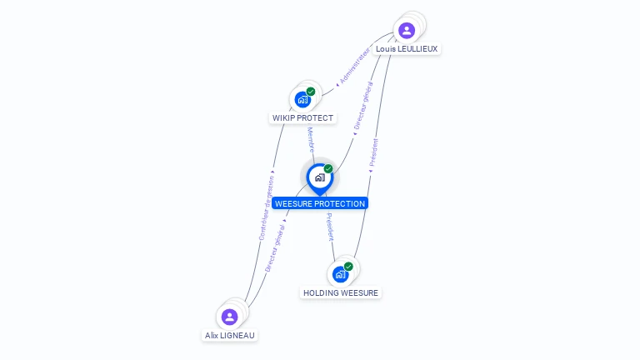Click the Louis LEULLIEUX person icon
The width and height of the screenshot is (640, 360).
(407, 31)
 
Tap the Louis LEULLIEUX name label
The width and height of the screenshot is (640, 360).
(407, 49)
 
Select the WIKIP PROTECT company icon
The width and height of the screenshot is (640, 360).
(302, 99)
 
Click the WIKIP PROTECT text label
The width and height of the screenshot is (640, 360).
(302, 118)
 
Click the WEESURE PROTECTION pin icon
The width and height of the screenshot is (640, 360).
(319, 177)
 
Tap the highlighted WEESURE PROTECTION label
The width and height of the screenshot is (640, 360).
(320, 203)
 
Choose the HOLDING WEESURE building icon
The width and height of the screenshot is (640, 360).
(340, 274)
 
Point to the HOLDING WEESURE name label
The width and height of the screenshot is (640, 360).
(341, 293)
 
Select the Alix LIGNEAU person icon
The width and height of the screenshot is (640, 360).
(230, 317)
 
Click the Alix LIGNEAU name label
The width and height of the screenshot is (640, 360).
(231, 335)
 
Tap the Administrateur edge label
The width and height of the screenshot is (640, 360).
(353, 67)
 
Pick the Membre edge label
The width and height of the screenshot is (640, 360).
(311, 138)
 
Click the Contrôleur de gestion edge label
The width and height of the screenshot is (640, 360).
(267, 208)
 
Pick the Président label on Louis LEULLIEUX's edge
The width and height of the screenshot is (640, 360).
(374, 155)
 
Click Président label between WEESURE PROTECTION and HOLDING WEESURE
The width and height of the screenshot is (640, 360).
(329, 226)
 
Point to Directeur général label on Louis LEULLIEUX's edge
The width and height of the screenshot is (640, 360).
(362, 105)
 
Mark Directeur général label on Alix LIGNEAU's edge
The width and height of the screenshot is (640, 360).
(275, 247)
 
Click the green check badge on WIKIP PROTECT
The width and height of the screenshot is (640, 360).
(311, 92)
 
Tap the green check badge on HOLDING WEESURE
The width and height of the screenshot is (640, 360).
(348, 267)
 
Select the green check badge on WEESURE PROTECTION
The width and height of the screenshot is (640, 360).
(328, 169)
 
